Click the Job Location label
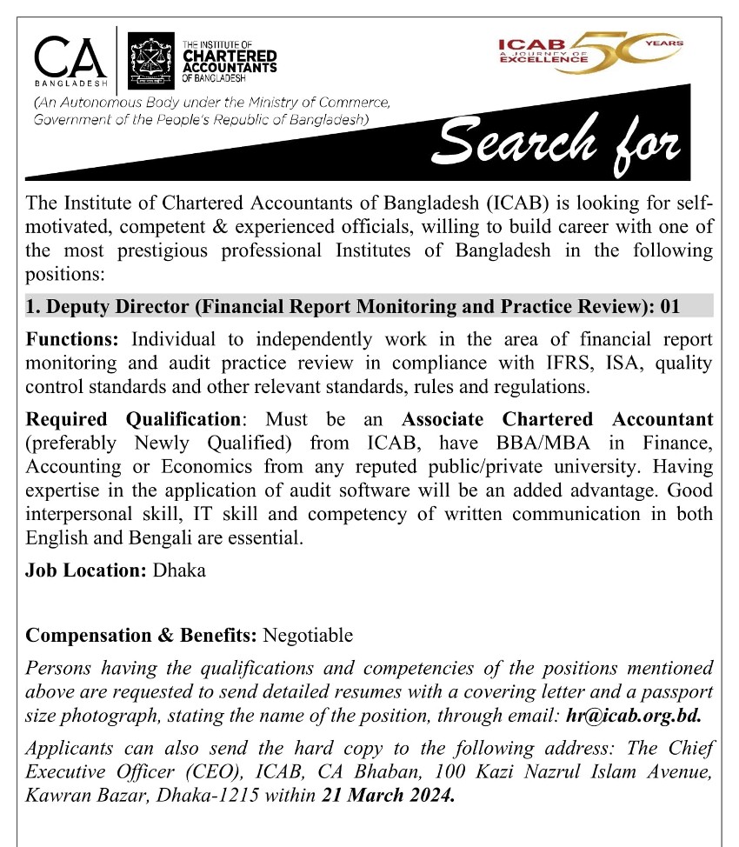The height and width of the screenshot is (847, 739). click(86, 571)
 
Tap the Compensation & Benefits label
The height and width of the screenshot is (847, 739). click(142, 635)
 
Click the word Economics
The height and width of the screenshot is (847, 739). click(207, 466)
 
